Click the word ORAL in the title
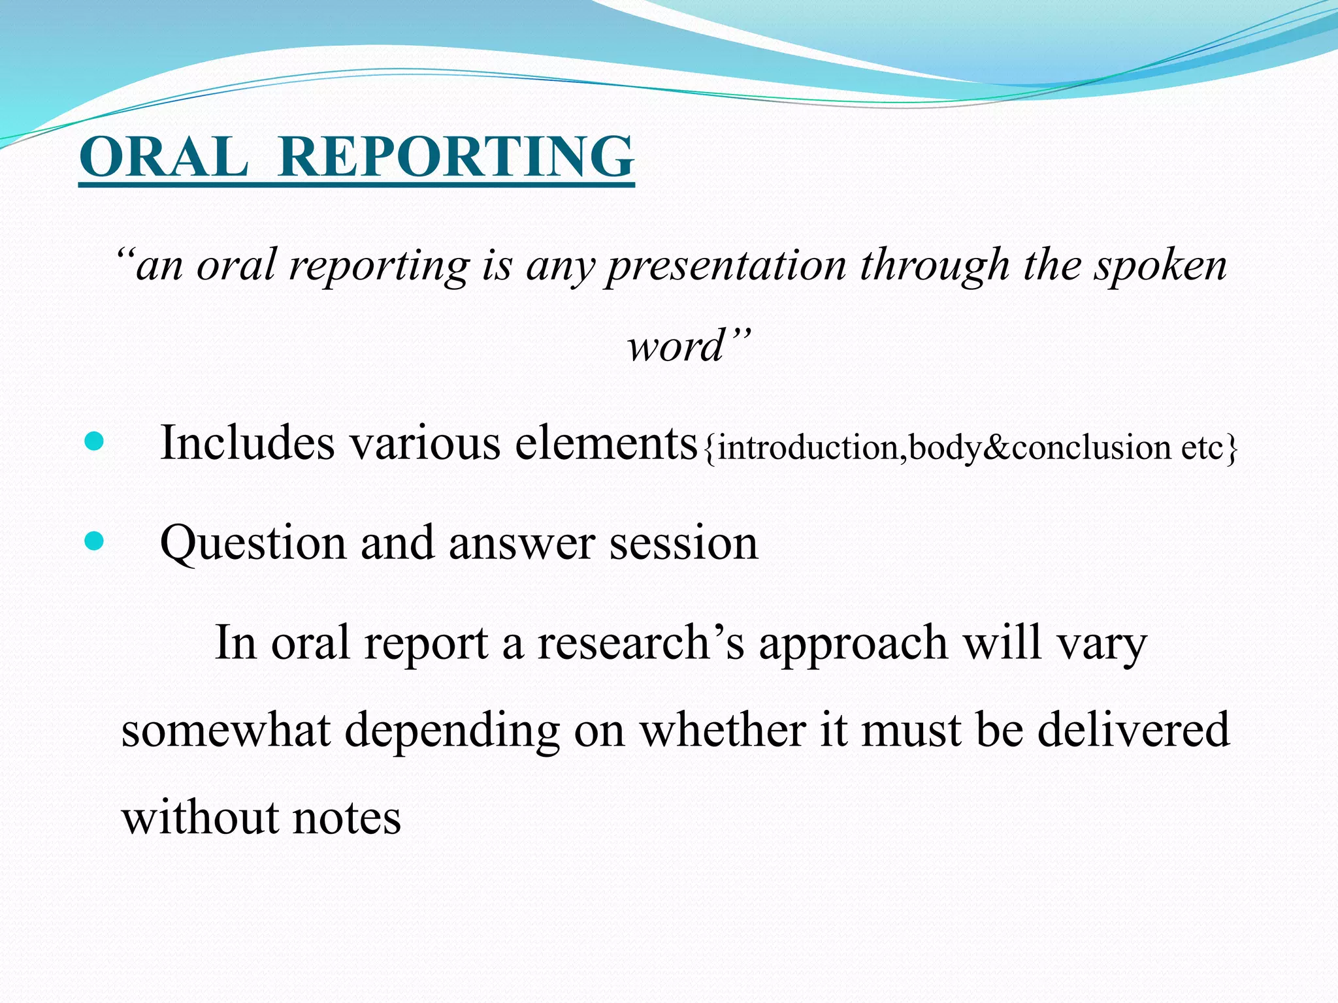[x=163, y=157]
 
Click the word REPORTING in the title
[x=455, y=157]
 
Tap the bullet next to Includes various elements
[x=94, y=441]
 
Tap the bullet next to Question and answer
[x=94, y=541]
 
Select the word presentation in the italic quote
[x=725, y=266]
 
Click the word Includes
[x=247, y=443]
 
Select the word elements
[x=606, y=443]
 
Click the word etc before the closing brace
[x=1202, y=448]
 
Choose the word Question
[x=252, y=543]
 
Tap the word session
[x=683, y=543]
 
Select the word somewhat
[x=225, y=730]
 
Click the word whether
[x=722, y=730]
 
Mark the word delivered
[x=1134, y=730]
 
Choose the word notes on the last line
[x=346, y=818]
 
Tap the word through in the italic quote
[x=935, y=266]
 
